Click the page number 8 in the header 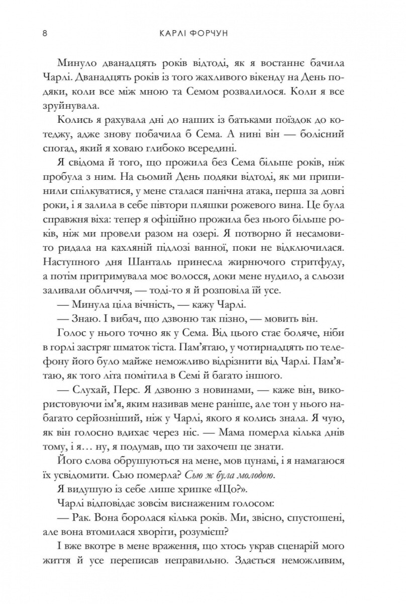pyautogui.click(x=45, y=34)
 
